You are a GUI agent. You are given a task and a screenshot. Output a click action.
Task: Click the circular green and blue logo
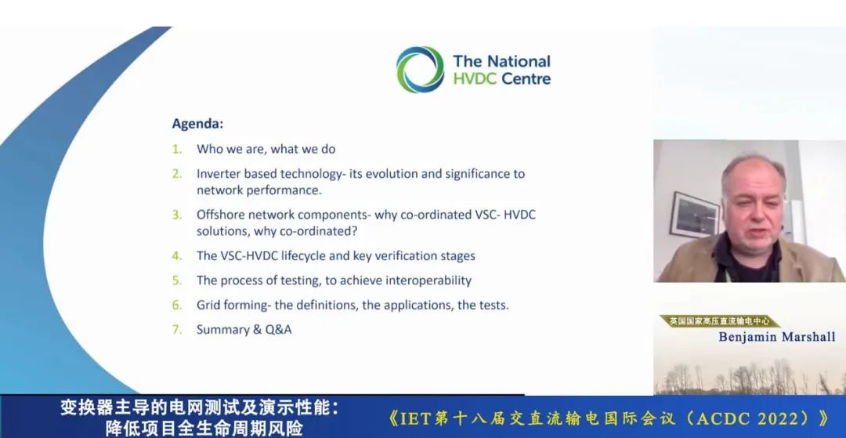point(421,70)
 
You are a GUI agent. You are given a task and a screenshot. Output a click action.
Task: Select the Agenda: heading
point(197,124)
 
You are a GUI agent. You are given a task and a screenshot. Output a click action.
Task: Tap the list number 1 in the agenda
point(177,149)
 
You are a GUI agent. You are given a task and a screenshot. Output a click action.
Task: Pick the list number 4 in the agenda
point(177,255)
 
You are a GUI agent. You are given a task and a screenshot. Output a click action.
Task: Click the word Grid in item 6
point(207,306)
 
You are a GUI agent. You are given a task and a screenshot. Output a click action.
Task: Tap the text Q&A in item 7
point(278,330)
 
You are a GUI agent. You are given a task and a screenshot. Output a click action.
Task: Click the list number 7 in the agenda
point(177,330)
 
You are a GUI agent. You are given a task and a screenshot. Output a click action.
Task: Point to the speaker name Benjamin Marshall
point(777,337)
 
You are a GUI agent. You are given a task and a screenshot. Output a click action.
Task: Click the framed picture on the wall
point(694,214)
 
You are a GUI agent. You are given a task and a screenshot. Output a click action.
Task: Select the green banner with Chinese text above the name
point(719,321)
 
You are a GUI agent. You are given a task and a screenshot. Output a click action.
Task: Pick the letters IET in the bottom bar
point(415,418)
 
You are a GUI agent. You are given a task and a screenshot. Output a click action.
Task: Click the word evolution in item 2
point(381,174)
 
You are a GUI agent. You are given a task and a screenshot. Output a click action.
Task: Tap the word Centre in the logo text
point(526,79)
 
